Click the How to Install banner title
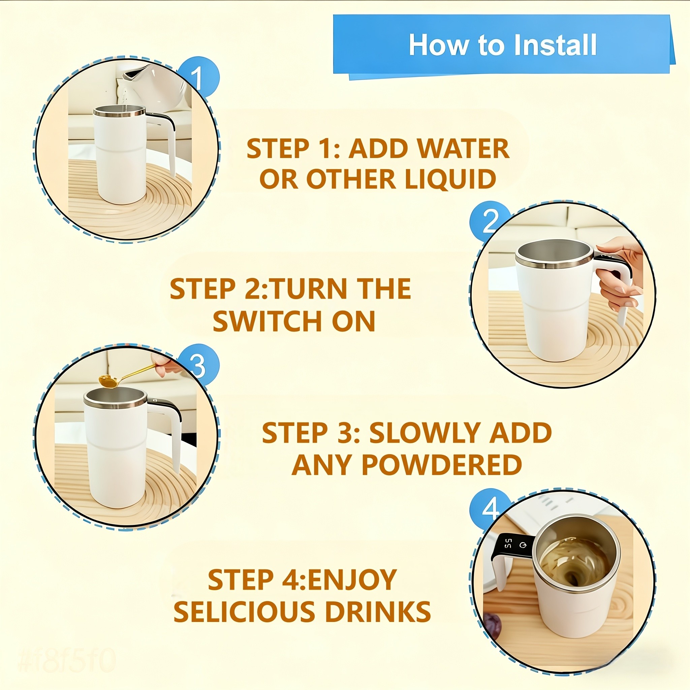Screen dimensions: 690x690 pyautogui.click(x=502, y=45)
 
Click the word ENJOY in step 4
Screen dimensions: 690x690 pyautogui.click(x=351, y=579)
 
